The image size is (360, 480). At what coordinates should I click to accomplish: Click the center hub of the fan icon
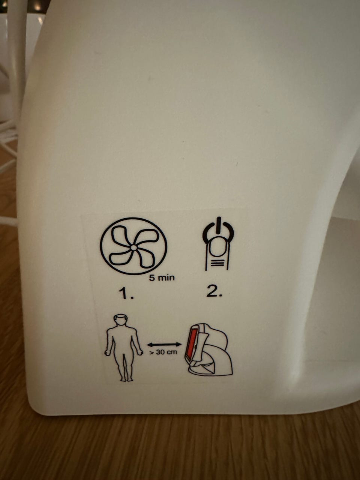[x=133, y=247]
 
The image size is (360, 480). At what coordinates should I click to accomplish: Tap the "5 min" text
[x=162, y=278]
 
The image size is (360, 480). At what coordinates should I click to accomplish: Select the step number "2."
[x=214, y=291]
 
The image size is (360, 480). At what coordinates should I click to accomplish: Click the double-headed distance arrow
[x=164, y=344]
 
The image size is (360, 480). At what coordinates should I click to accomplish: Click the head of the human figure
[x=121, y=320]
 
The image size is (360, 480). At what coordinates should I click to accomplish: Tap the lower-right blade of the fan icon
[x=144, y=260]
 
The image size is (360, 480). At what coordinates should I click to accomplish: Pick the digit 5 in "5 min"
[x=151, y=278]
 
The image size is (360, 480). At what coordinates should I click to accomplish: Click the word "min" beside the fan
[x=166, y=278]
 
